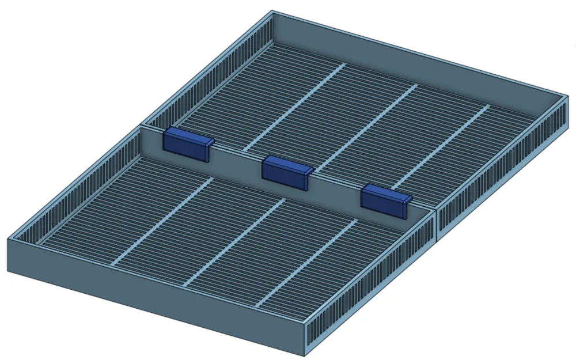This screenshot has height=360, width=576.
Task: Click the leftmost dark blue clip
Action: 185,143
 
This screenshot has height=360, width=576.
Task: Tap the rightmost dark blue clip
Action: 384,199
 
